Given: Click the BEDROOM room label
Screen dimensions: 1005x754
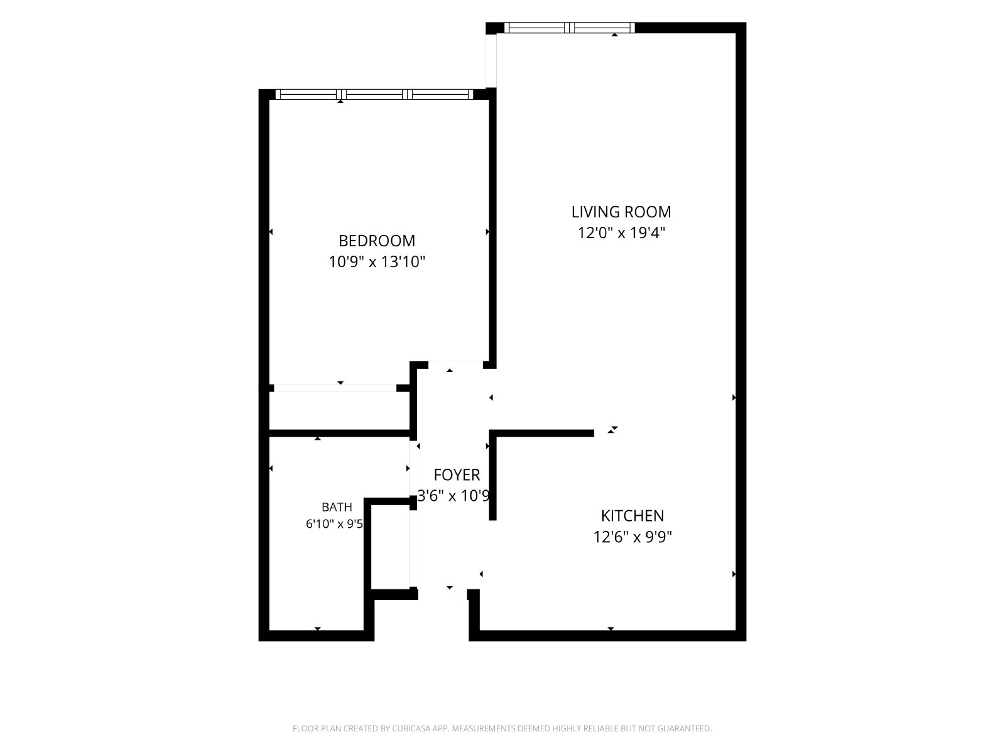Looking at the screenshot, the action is point(376,241).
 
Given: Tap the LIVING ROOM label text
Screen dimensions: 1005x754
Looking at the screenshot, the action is point(621,212).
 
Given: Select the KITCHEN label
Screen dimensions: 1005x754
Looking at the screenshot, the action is point(632,516).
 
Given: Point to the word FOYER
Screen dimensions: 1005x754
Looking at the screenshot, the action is point(457,475).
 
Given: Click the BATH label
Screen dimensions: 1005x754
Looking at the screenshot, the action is point(337,507).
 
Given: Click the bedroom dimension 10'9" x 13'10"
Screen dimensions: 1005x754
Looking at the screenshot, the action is point(377,262).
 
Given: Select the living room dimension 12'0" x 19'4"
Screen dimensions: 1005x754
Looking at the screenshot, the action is point(621,233).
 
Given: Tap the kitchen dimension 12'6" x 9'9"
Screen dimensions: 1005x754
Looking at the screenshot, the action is point(633,537).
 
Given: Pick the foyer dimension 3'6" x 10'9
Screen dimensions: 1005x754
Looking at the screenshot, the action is point(454,496).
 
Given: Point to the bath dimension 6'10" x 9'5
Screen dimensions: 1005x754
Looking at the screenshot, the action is point(334,524).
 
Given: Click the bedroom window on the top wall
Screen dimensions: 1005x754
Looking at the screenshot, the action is point(374,94).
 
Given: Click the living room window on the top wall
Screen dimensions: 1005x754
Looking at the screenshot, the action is point(569,28).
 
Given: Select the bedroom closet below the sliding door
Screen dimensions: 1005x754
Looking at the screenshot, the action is point(339,411).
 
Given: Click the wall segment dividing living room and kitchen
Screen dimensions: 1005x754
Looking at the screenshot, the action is point(541,433).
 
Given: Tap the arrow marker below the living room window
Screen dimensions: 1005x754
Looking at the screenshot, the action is point(614,35).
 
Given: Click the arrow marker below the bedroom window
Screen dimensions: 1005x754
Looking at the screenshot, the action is point(340,101).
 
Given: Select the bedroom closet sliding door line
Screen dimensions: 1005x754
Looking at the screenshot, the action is point(335,388).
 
